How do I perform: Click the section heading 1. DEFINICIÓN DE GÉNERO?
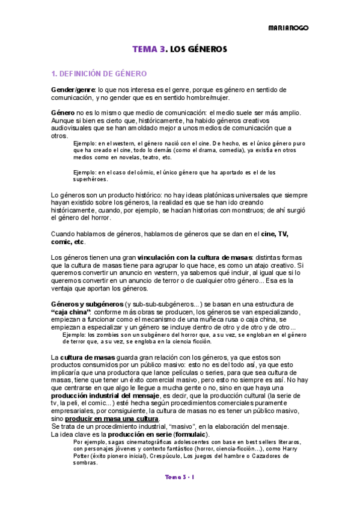99,74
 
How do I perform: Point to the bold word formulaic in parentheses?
191,434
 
